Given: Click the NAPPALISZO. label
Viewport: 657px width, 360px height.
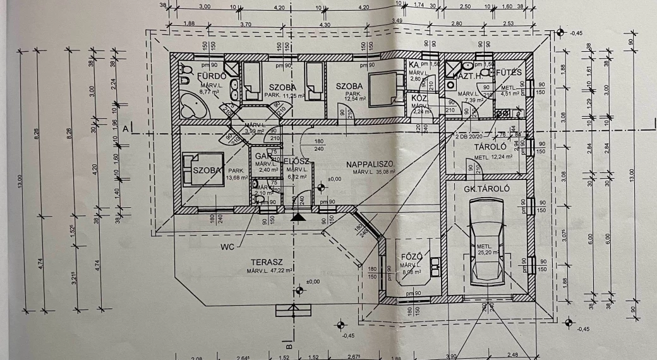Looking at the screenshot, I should tap(371, 164).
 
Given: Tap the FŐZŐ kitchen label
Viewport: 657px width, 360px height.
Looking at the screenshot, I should tap(411, 256).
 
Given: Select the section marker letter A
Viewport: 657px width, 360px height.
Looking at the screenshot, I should tap(126, 129).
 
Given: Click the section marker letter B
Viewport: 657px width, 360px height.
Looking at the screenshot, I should tap(288, 346).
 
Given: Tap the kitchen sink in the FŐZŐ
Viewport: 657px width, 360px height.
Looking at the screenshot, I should tap(434, 265).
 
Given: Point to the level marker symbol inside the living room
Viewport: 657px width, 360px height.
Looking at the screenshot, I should tap(322, 187).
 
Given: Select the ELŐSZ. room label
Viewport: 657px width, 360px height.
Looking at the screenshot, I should tap(294, 160).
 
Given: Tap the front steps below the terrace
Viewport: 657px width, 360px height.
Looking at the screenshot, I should tap(294, 309).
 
